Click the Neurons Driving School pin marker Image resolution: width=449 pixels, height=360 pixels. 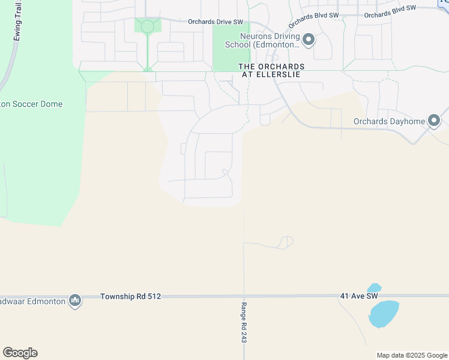309,40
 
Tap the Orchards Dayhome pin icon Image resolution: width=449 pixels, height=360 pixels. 435,121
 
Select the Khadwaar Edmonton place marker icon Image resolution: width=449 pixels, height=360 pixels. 75,300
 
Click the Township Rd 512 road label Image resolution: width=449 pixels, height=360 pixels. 131,296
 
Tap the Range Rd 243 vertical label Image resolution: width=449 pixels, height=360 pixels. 244,322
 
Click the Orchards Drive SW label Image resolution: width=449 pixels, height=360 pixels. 215,22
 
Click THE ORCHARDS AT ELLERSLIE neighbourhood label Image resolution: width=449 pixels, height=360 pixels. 271,70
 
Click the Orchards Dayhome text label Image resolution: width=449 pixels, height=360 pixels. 389,121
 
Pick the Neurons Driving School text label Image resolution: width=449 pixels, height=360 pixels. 262,40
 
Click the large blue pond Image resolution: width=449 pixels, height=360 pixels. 384,314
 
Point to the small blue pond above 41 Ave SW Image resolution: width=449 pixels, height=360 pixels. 373,288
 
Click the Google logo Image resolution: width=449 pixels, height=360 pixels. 20,353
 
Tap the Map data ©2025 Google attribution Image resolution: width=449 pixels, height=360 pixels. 412,355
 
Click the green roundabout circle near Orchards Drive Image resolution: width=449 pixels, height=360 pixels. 147,26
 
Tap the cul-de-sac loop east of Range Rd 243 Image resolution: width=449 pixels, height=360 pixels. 286,241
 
